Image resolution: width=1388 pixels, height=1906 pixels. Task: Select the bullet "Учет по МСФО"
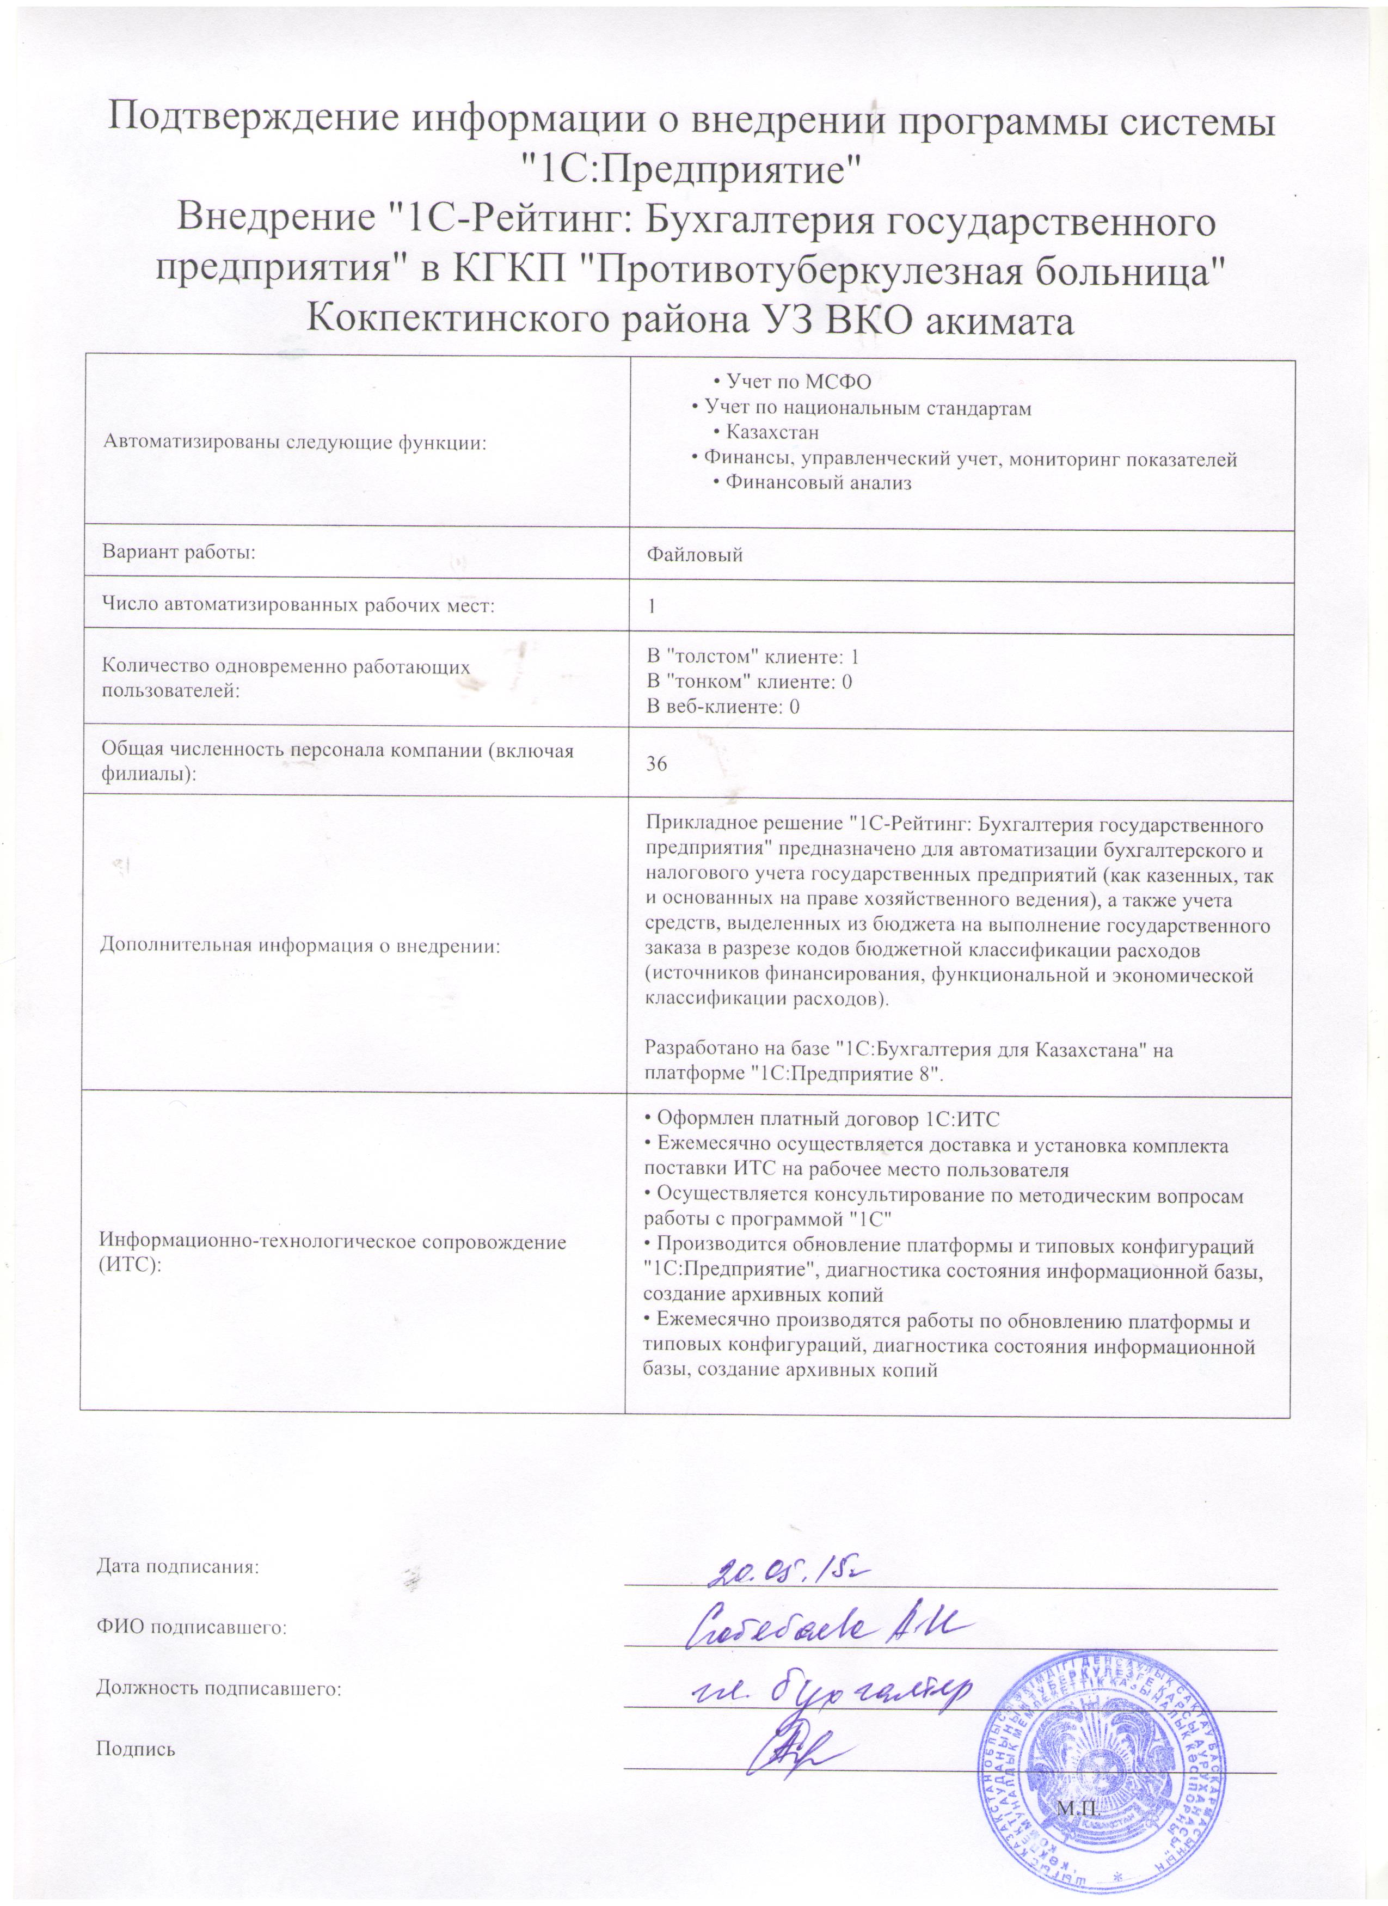tap(797, 382)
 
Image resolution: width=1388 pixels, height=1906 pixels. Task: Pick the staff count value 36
tap(656, 764)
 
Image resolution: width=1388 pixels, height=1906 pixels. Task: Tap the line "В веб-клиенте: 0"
tap(722, 707)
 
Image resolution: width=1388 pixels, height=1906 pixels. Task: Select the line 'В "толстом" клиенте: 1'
tap(752, 657)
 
